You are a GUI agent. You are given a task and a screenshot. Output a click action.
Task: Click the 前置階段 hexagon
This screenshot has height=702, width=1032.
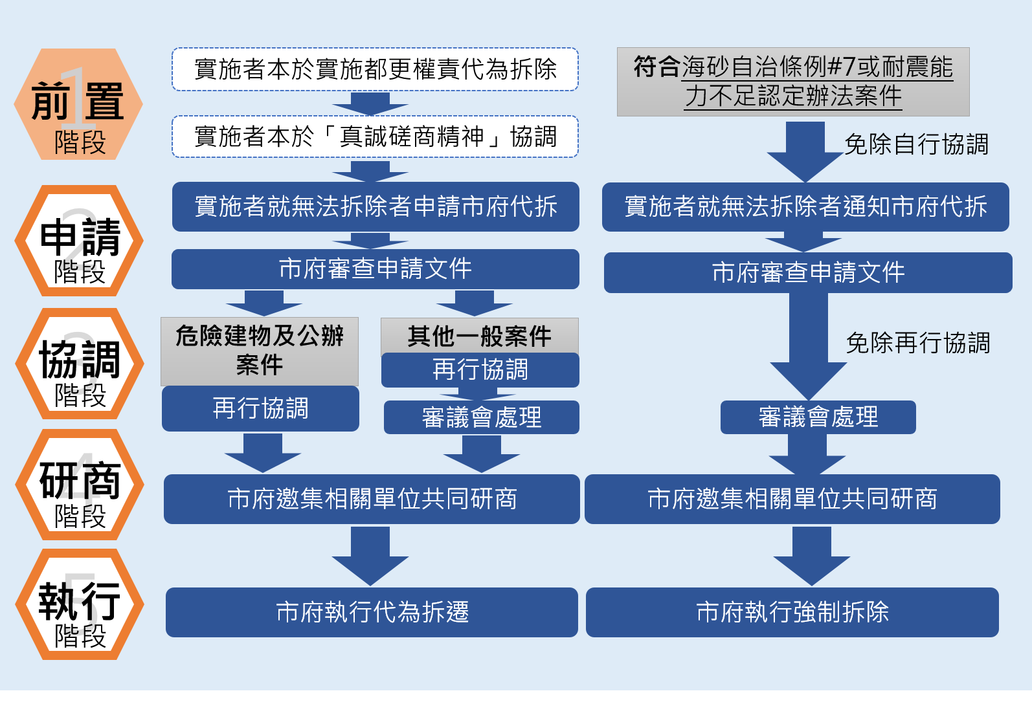pos(78,104)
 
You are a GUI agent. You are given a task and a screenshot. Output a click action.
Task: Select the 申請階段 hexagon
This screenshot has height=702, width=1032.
pos(78,241)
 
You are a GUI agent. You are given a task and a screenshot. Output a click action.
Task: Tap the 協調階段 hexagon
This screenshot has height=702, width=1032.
pos(78,364)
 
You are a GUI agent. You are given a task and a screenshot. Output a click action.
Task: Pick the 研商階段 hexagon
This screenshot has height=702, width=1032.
pos(78,485)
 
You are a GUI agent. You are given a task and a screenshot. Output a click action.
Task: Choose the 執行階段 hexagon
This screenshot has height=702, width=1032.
pos(78,604)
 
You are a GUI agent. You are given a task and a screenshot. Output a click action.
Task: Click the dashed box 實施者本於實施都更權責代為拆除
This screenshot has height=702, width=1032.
pos(375,69)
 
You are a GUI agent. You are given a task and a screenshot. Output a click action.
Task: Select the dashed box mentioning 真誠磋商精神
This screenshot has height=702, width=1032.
pos(375,137)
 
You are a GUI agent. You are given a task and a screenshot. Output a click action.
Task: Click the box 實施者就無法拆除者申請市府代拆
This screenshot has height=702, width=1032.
pos(375,206)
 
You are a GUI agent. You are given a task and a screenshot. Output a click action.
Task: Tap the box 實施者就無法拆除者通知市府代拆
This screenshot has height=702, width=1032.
pos(805,206)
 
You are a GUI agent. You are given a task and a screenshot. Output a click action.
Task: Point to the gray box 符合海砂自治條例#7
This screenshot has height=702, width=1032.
pos(792,82)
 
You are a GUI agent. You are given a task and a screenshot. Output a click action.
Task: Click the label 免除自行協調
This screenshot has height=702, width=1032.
pos(915,144)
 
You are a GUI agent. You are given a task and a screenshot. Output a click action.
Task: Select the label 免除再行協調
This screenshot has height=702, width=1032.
pos(917,343)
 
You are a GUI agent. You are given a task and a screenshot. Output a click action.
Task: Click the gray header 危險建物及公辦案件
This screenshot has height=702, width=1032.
pos(259,351)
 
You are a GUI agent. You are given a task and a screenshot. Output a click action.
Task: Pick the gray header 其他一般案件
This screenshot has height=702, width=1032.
pos(479,336)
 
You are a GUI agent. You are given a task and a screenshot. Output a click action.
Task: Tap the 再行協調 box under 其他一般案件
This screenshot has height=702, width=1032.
pos(480,370)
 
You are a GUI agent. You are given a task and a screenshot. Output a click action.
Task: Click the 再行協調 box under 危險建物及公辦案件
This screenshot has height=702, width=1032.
pos(260,408)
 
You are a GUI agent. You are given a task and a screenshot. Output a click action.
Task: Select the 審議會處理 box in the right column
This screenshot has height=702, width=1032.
pos(818,417)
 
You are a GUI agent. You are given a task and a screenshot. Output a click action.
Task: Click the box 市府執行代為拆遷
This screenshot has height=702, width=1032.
pos(372,612)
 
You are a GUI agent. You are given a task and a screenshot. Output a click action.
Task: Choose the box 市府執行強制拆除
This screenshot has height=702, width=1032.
pos(792,612)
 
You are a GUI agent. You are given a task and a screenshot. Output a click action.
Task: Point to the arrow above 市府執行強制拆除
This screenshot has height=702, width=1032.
pos(811,556)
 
